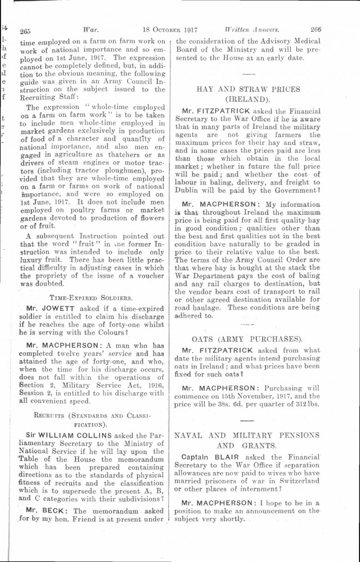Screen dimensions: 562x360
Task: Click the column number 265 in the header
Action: [x=25, y=32]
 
